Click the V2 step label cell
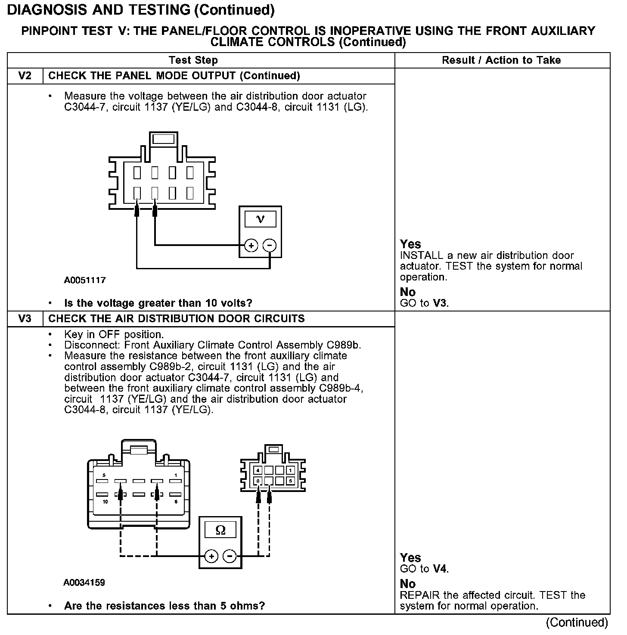pyautogui.click(x=25, y=76)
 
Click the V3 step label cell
pyautogui.click(x=25, y=319)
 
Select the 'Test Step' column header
pyautogui.click(x=193, y=60)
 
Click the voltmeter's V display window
pyautogui.click(x=260, y=219)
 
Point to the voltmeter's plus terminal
pyautogui.click(x=251, y=246)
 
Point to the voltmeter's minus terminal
pyautogui.click(x=270, y=246)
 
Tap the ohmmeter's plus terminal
pyautogui.click(x=211, y=556)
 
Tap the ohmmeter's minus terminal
pyautogui.click(x=230, y=556)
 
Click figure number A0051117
pyautogui.click(x=85, y=280)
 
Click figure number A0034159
pyautogui.click(x=84, y=583)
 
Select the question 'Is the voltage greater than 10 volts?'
pyautogui.click(x=158, y=303)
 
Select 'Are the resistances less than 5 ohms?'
pyautogui.click(x=164, y=606)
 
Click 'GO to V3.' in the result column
pyautogui.click(x=424, y=303)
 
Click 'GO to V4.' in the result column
pyautogui.click(x=424, y=569)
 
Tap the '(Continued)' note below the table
pyautogui.click(x=577, y=623)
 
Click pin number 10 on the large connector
pyautogui.click(x=105, y=502)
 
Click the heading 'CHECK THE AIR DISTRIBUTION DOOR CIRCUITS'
pyautogui.click(x=177, y=319)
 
